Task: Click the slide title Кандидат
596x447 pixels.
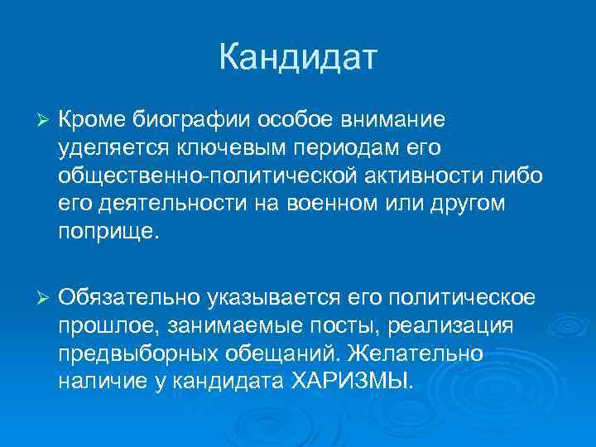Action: [x=298, y=58]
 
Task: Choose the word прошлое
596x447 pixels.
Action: [x=105, y=325]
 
